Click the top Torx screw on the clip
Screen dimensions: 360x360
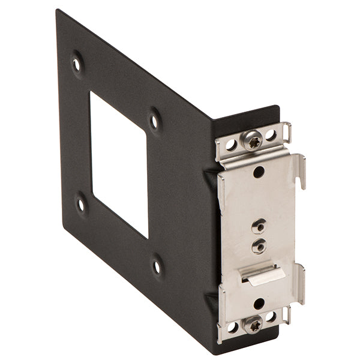[x=253, y=140]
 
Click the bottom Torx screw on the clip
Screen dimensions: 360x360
[x=253, y=323]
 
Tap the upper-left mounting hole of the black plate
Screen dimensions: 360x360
[x=77, y=63]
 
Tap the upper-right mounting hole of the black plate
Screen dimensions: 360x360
[x=155, y=121]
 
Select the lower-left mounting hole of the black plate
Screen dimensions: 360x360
[x=81, y=204]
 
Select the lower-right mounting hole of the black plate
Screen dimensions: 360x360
[x=157, y=266]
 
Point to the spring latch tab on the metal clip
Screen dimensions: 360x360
[x=262, y=274]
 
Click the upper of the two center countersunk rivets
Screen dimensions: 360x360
[x=259, y=226]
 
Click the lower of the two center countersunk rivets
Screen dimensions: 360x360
[x=259, y=245]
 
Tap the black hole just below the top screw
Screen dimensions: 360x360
[x=259, y=172]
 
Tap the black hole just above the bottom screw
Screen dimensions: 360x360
[x=259, y=304]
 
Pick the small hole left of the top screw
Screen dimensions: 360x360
[x=231, y=145]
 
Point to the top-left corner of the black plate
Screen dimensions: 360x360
[x=58, y=12]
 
